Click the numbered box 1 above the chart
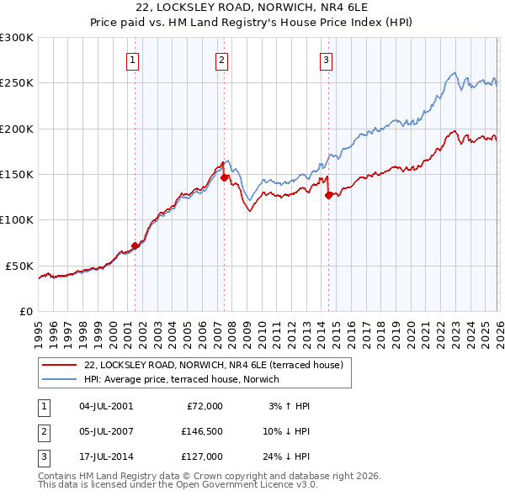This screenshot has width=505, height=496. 134,60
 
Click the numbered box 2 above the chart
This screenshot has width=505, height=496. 221,60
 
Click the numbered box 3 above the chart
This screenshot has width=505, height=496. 326,60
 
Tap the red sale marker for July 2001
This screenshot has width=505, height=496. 135,245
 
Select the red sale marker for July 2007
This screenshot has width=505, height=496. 224,177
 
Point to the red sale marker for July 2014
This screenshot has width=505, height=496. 328,195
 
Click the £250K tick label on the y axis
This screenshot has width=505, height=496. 16,83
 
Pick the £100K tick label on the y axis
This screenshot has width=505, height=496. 16,219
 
